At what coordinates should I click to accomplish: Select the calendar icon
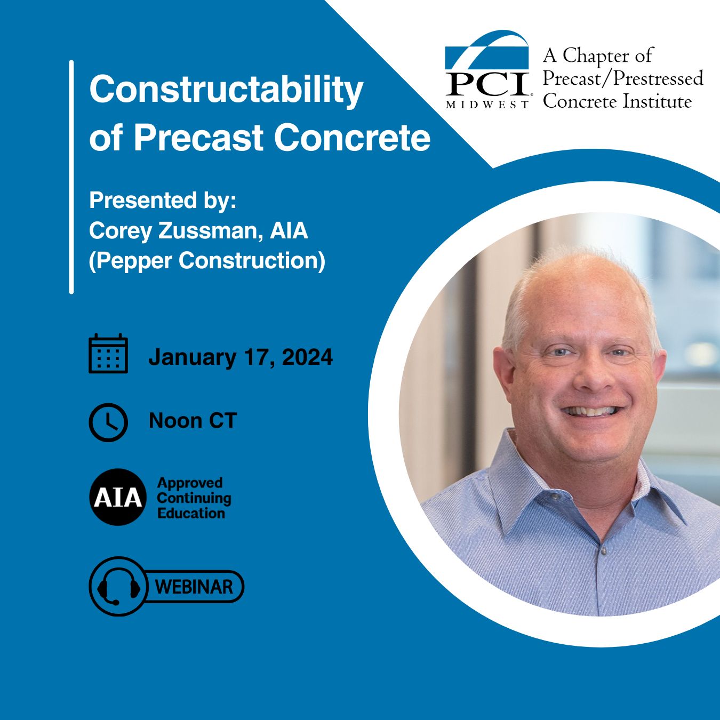coord(108,354)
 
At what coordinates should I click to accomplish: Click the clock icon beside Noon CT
coord(108,422)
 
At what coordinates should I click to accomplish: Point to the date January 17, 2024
coord(241,357)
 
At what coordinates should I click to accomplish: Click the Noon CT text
coord(193,421)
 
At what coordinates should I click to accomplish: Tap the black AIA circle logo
coord(118,497)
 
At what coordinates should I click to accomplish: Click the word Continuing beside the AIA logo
coord(194,499)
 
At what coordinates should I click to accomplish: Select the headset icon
coord(118,588)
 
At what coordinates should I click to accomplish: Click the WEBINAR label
coord(194,587)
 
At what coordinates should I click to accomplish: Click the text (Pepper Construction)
coord(207,261)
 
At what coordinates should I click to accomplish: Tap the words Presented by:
coord(163,201)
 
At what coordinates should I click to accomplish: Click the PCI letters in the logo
coord(487,85)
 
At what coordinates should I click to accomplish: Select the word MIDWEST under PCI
coord(487,105)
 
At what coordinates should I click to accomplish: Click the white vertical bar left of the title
coord(71,177)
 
